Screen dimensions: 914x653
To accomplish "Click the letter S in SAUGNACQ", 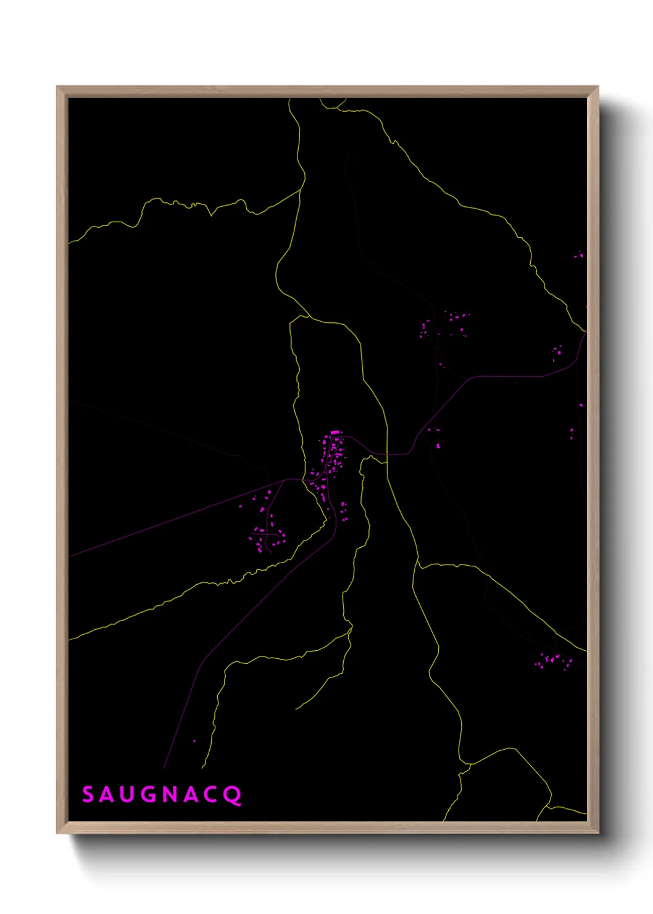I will (x=88, y=794).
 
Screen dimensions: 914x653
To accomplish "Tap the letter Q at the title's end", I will (x=233, y=795).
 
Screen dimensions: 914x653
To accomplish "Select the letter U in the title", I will (x=127, y=795).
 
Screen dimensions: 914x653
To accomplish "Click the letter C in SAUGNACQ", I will (x=210, y=795).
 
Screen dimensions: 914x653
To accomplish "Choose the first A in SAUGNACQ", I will (x=107, y=795).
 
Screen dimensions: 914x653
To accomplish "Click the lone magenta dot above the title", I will (x=194, y=741).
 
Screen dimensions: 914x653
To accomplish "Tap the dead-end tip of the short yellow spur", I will (x=296, y=709).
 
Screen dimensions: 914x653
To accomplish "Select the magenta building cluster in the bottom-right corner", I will (x=552, y=660).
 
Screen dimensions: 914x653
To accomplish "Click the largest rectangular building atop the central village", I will (x=335, y=432).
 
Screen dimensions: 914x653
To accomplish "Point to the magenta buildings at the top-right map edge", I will (x=578, y=254).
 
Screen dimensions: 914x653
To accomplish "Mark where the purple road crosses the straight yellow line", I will (x=388, y=455).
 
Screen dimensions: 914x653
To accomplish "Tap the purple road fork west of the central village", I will (x=285, y=480).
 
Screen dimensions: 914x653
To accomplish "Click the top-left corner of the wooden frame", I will (x=57, y=87).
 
